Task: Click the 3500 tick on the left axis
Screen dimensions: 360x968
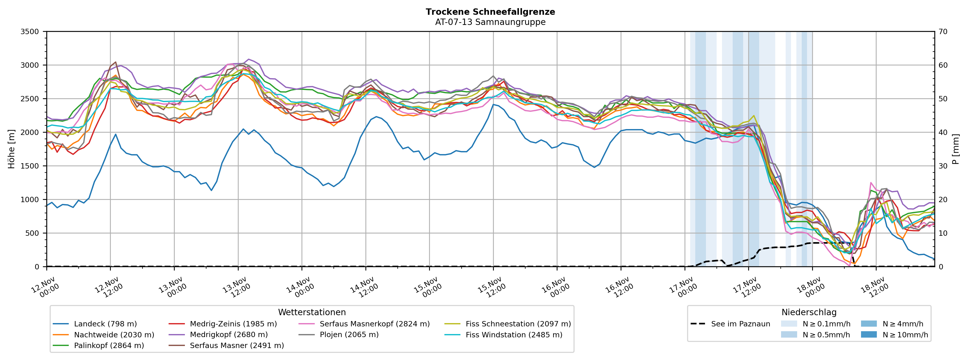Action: pos(30,32)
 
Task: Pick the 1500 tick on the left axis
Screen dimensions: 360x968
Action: pos(30,166)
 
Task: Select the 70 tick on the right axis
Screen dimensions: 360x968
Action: pos(943,32)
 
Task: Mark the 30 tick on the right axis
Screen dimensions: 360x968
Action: pos(943,166)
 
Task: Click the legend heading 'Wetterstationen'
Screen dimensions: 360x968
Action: pos(312,312)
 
